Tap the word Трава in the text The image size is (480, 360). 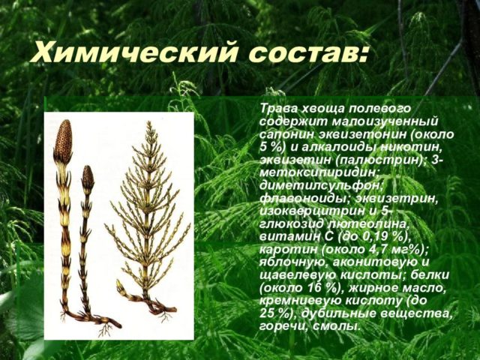tap(278, 108)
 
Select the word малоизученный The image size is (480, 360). tap(385, 121)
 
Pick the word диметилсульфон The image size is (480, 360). tap(321, 186)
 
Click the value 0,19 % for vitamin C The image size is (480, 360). tap(379, 237)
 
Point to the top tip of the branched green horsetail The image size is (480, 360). tap(149, 122)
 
